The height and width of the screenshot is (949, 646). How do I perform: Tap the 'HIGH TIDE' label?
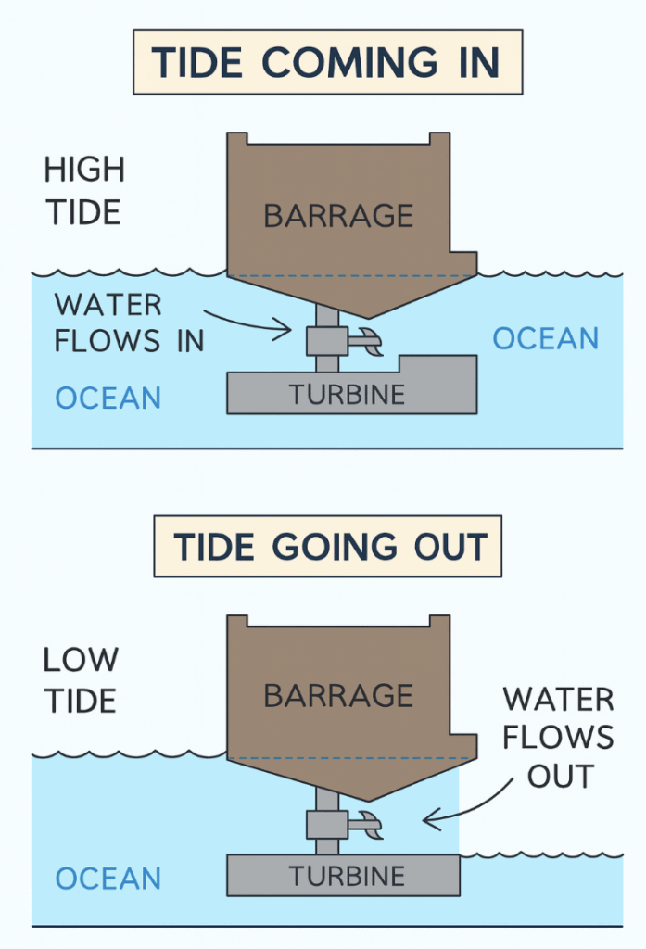pyautogui.click(x=83, y=191)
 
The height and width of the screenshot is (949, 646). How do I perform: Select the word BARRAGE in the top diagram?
pyautogui.click(x=338, y=216)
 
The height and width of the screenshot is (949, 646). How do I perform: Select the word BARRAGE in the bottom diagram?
pyautogui.click(x=338, y=695)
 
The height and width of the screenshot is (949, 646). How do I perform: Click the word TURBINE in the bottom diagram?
pyautogui.click(x=347, y=876)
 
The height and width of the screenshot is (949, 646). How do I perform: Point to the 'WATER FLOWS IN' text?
pyautogui.click(x=120, y=323)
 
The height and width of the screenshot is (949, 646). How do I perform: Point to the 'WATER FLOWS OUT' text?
pyautogui.click(x=559, y=737)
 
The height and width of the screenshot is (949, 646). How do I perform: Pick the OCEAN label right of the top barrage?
pyautogui.click(x=546, y=338)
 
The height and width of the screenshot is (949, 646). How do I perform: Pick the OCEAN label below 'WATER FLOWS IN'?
pyautogui.click(x=108, y=399)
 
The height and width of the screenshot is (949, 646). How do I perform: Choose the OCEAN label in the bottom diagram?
pyautogui.click(x=108, y=878)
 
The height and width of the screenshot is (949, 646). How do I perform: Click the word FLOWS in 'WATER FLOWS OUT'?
pyautogui.click(x=559, y=737)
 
